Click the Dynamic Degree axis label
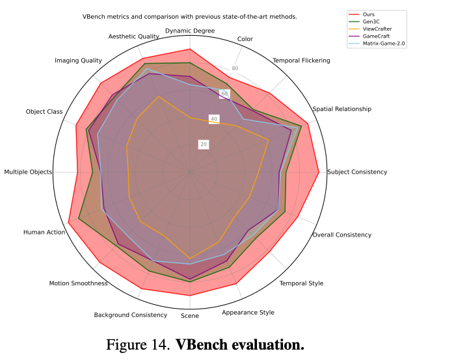tap(190, 31)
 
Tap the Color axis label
tap(245, 39)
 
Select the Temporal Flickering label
tap(300, 60)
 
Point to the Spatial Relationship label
tap(341, 109)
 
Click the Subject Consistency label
tap(357, 172)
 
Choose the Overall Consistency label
tap(341, 235)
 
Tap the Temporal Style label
tap(301, 283)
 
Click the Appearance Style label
tap(248, 313)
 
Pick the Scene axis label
tap(190, 316)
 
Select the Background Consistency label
tap(131, 315)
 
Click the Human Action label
tap(44, 232)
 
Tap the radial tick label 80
tap(235, 69)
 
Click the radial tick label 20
tap(204, 144)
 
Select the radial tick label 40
tap(214, 119)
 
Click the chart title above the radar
tap(189, 16)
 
